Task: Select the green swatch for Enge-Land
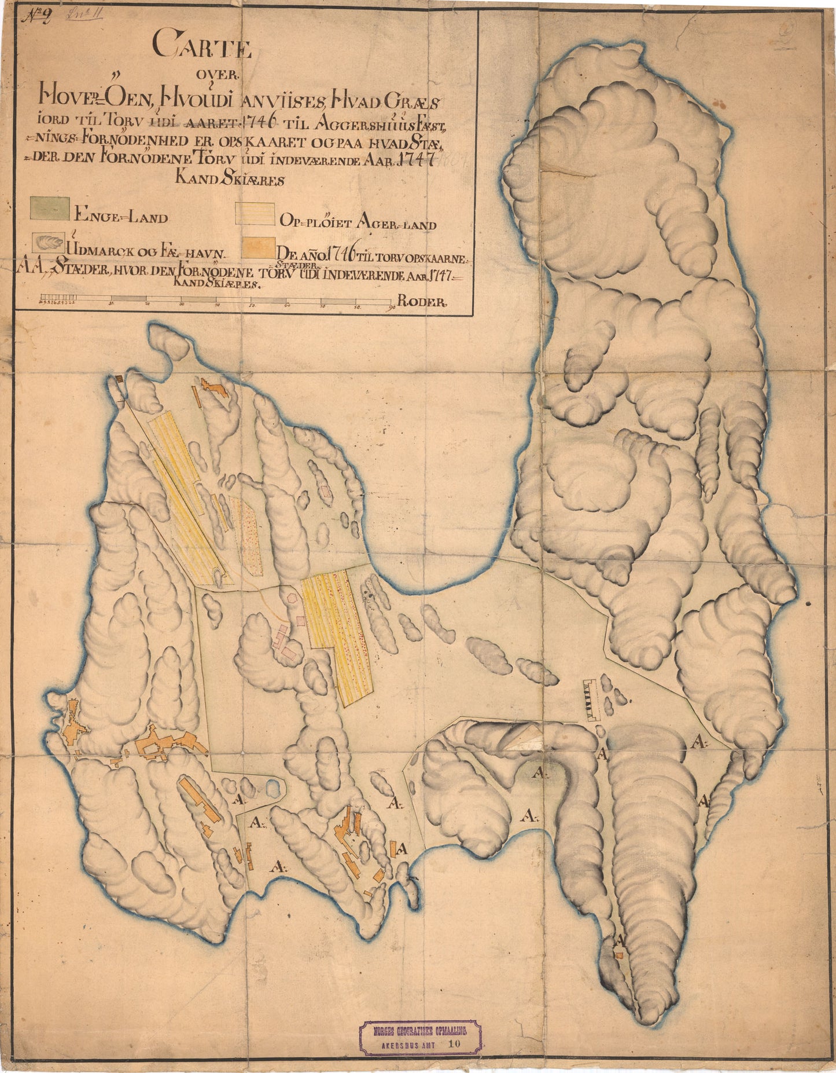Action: [x=50, y=208]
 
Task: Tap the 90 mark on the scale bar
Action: [x=392, y=307]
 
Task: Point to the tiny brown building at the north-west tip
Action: [x=119, y=378]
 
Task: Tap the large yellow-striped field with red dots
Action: [x=339, y=637]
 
